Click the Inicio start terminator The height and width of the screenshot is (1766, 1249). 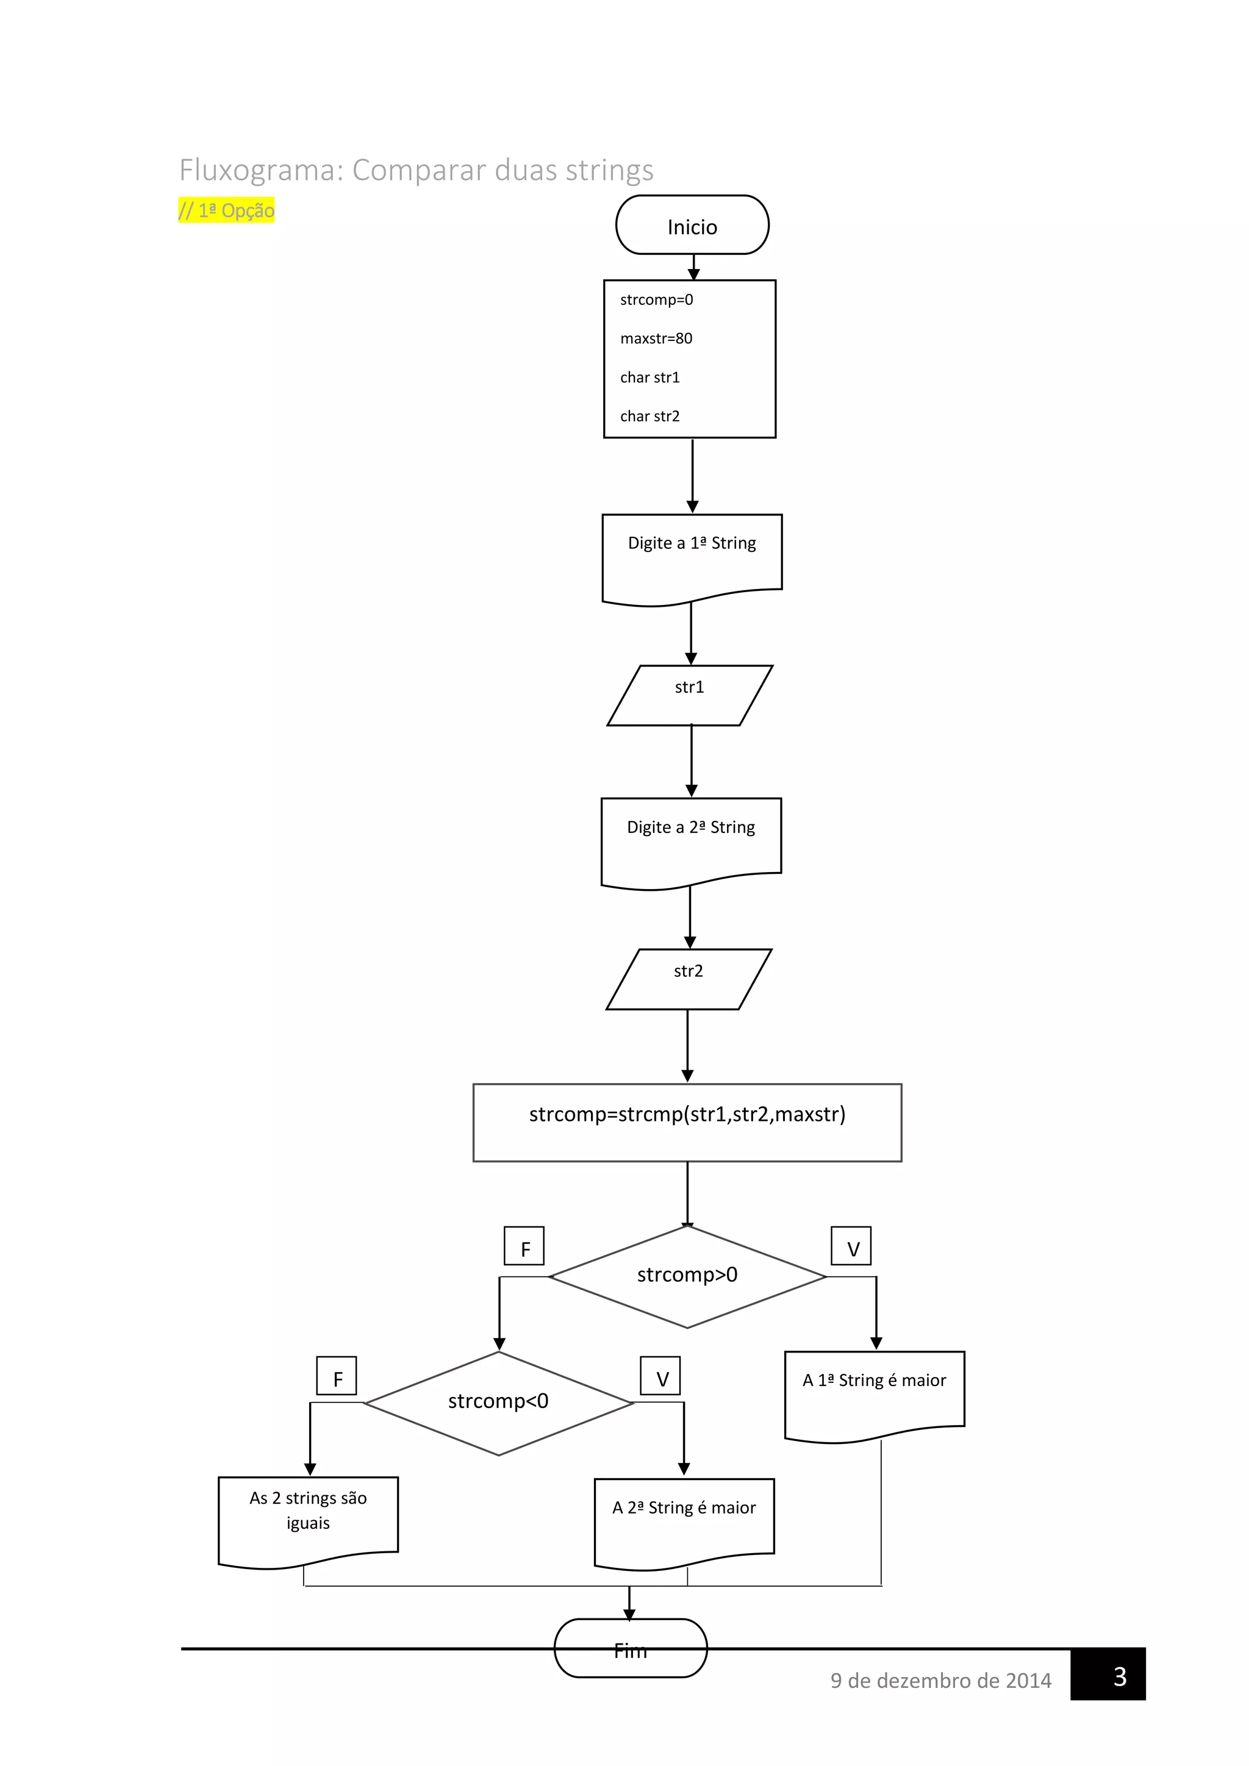pos(692,226)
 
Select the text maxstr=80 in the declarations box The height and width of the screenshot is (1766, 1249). pos(656,338)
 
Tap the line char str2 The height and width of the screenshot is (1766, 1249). pos(650,416)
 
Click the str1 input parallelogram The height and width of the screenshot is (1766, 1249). pos(689,695)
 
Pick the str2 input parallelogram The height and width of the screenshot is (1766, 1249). pos(689,978)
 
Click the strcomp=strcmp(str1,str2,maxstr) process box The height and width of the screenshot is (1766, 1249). pos(687,1121)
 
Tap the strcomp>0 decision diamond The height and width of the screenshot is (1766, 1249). pos(687,1276)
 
